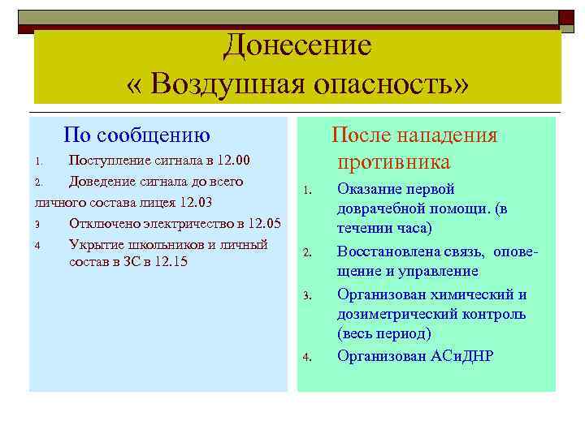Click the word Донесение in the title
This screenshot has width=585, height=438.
pyautogui.click(x=297, y=45)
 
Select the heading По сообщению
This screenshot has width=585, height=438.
pyautogui.click(x=137, y=135)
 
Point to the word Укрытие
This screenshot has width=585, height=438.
pyautogui.click(x=97, y=244)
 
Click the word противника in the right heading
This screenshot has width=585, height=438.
pyautogui.click(x=394, y=162)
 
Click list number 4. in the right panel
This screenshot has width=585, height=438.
pyautogui.click(x=307, y=356)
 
